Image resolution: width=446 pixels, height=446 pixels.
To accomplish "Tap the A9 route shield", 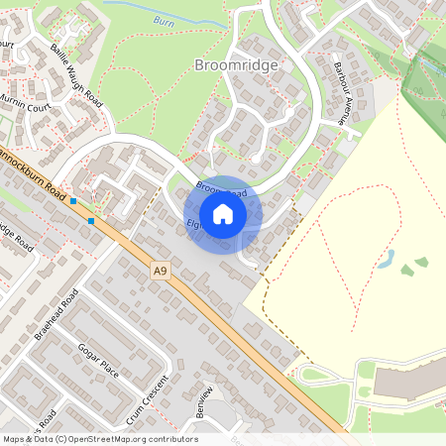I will pos(161,269).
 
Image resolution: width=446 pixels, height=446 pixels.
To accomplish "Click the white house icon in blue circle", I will pos(223,214).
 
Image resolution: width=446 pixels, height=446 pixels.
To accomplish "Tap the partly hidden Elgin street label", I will pos(194,226).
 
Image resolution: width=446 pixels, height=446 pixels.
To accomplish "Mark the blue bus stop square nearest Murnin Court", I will pos(73,201).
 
